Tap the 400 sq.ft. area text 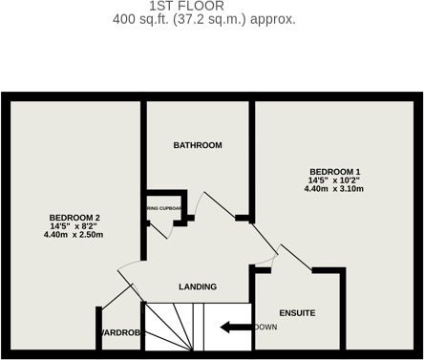[x=203, y=19]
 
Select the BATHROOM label [x=198, y=145]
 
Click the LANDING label [x=198, y=286]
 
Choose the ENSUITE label [x=297, y=313]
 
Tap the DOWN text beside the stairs [x=266, y=328]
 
